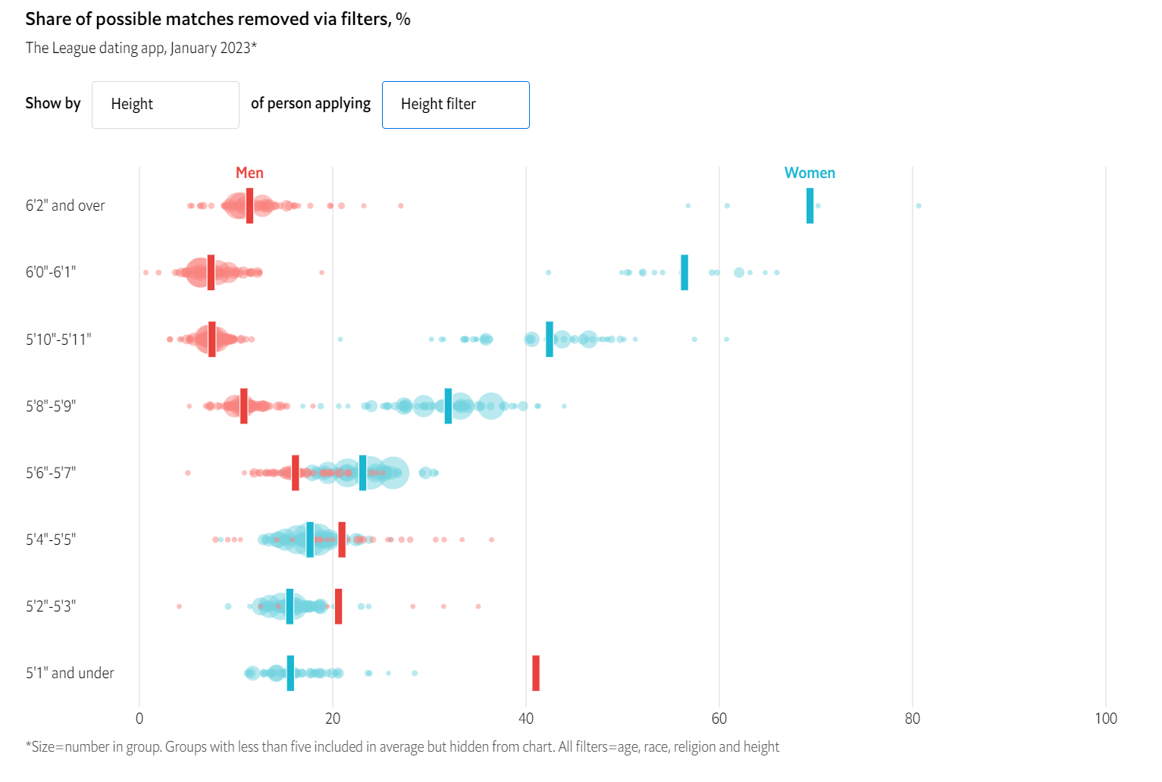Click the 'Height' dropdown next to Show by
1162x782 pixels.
pos(165,105)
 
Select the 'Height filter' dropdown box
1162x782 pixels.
pos(456,105)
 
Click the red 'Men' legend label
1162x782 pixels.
pos(249,173)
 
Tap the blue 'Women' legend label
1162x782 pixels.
pos(810,173)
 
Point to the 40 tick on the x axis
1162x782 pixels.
pos(526,718)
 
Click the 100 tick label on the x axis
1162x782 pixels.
pos(1105,718)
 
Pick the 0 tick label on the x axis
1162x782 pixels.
pos(139,718)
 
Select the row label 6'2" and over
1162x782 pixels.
pos(65,205)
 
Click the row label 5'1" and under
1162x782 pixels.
pos(70,673)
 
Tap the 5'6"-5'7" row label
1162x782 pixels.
pos(51,473)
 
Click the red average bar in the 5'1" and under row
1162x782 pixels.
pos(536,673)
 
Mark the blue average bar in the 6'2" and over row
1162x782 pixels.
pos(810,205)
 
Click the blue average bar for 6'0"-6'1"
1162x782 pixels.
pos(684,272)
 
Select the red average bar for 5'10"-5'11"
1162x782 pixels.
pos(212,339)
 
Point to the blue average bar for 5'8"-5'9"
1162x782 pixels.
pos(448,405)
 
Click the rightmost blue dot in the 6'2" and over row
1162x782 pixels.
pos(918,205)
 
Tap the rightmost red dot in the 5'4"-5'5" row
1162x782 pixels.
pos(491,540)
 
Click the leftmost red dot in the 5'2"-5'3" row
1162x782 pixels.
pos(179,606)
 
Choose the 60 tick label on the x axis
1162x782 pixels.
pos(719,718)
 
